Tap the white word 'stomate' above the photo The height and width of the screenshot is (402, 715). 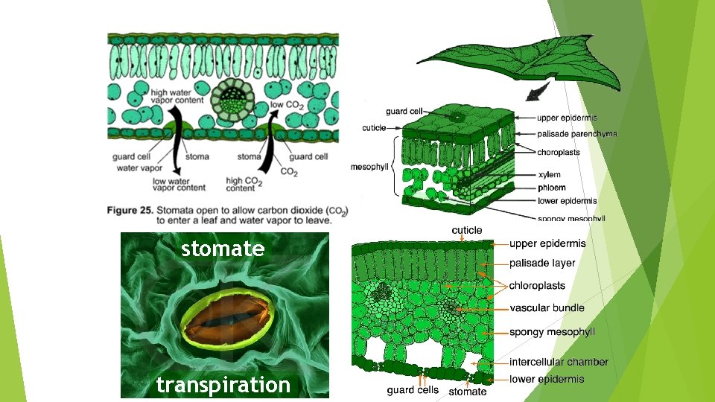(223, 249)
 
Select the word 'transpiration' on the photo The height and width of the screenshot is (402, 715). (223, 385)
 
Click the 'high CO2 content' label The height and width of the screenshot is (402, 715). (244, 184)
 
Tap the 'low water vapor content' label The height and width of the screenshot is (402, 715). (171, 184)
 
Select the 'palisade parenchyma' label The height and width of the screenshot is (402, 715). (576, 134)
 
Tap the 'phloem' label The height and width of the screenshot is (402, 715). (551, 188)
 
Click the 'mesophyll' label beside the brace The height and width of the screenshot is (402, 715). (369, 167)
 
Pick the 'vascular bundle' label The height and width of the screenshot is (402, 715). (547, 307)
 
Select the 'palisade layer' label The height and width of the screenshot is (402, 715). (542, 263)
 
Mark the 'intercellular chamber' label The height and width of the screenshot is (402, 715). (559, 362)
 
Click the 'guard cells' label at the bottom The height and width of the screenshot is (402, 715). (413, 390)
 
